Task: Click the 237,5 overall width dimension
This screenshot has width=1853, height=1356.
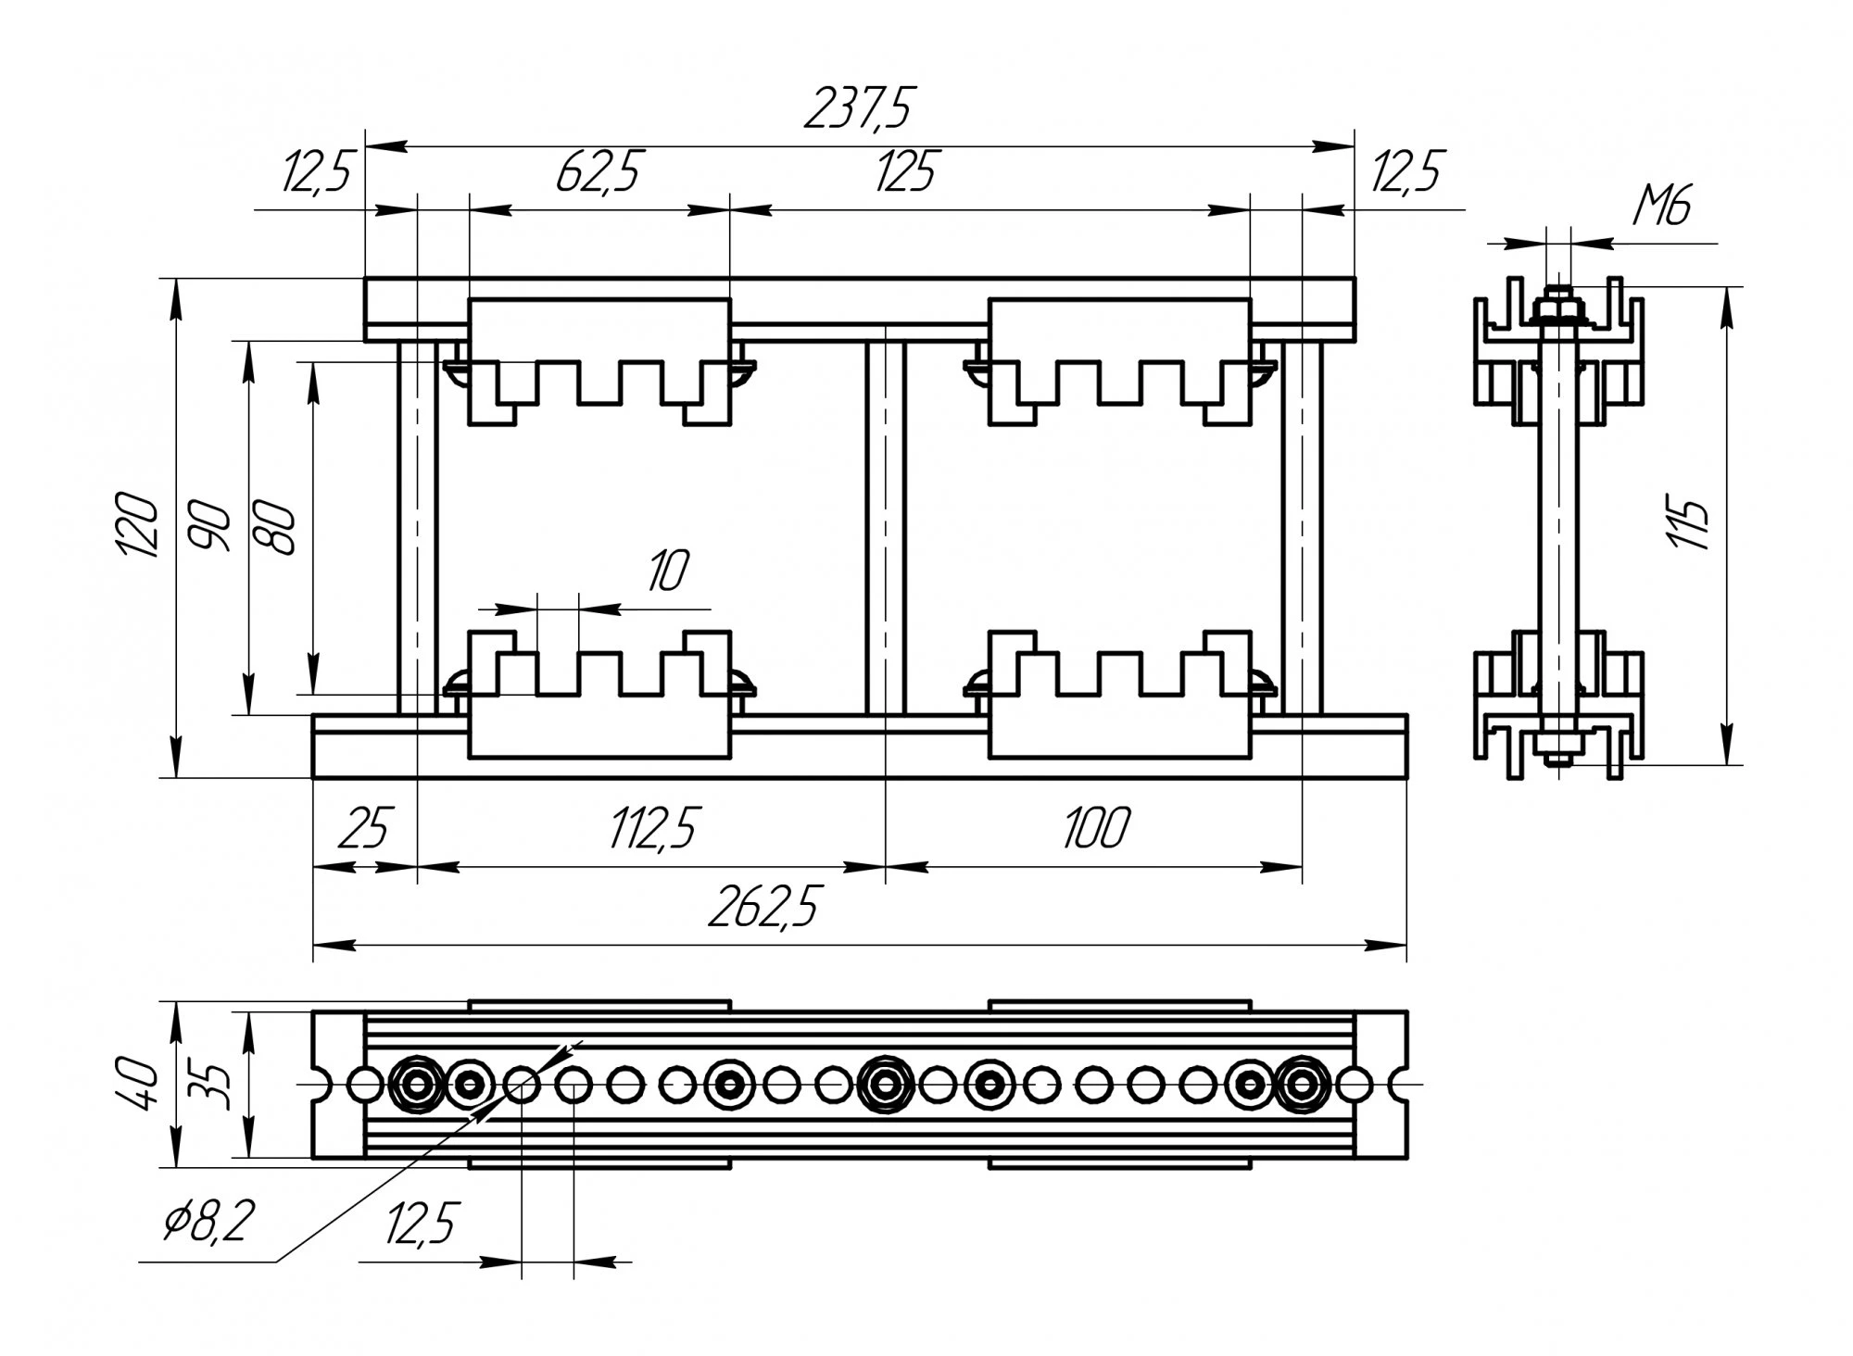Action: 858,109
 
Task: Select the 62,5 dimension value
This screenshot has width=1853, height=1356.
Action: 599,172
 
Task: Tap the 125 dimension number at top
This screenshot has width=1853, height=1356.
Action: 906,172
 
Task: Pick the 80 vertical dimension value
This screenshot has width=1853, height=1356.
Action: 278,528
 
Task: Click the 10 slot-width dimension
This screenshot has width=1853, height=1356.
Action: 667,571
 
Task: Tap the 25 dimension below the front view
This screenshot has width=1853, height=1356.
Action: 364,827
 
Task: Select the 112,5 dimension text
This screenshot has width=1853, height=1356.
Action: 653,827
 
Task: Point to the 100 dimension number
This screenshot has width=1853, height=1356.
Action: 1095,827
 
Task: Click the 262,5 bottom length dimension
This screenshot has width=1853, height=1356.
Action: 763,908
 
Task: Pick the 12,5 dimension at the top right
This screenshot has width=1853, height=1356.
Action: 1406,172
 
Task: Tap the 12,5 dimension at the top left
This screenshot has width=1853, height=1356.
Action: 317,172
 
